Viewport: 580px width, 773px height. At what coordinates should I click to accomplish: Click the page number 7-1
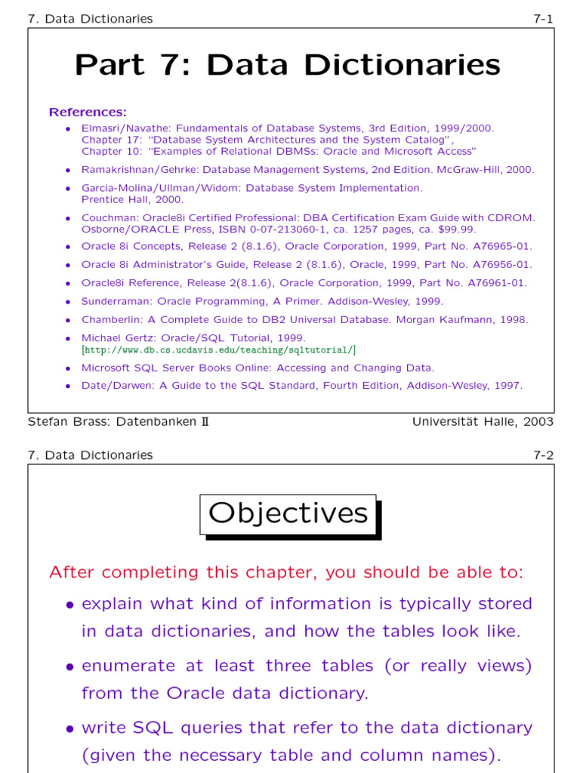click(543, 19)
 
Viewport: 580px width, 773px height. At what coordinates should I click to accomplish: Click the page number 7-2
click(543, 455)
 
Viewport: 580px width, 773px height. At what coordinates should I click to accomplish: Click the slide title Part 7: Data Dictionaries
click(287, 65)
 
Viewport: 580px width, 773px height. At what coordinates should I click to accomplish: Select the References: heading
click(88, 112)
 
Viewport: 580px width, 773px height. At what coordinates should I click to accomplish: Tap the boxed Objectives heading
click(288, 513)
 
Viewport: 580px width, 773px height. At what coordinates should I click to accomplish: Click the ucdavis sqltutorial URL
click(218, 350)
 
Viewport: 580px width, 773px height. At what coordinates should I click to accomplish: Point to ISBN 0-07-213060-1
click(241, 229)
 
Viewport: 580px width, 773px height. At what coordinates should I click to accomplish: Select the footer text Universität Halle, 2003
click(483, 421)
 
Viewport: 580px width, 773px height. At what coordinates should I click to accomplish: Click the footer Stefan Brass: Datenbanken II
click(118, 421)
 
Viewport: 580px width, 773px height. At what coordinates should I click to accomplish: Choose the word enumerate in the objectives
click(130, 666)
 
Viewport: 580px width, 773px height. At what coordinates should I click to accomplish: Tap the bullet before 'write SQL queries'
click(69, 728)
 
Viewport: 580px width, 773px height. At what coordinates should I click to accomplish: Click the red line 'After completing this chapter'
click(285, 572)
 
